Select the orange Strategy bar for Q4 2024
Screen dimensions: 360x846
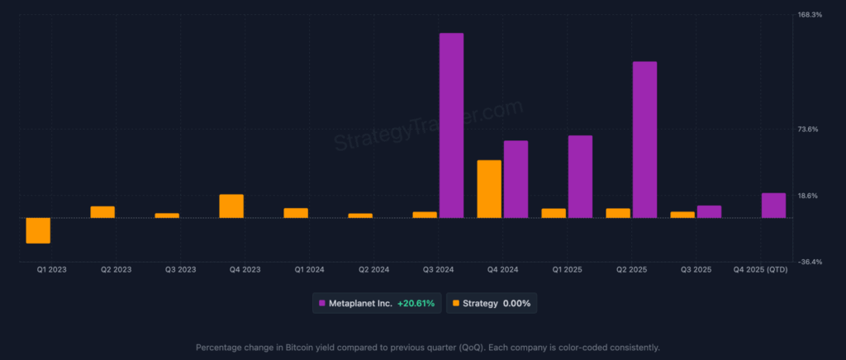tap(489, 189)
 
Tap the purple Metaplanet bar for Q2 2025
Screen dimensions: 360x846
tap(644, 140)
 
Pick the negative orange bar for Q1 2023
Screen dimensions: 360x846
tap(38, 230)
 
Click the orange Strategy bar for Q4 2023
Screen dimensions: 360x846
tap(231, 206)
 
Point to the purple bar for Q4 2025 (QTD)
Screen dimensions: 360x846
tap(773, 206)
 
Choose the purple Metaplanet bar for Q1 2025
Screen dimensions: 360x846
tap(580, 177)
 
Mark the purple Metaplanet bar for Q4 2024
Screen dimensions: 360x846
tap(516, 179)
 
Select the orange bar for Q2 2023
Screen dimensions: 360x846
tap(102, 212)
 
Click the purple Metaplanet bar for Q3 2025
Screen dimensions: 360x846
tap(709, 211)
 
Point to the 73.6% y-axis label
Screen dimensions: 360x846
tap(807, 129)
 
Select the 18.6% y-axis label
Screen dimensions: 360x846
tap(807, 196)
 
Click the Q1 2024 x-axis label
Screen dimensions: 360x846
tap(310, 270)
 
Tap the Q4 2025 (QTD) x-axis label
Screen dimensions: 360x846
tap(761, 270)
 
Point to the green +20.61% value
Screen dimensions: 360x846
tap(416, 303)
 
